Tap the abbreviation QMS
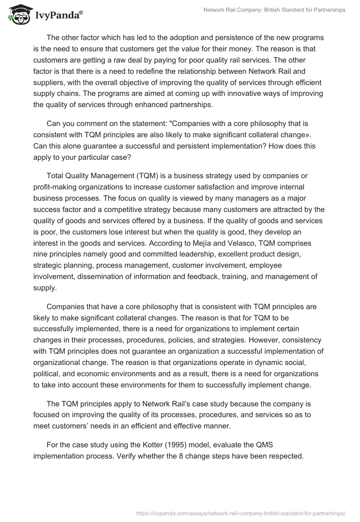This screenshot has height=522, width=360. [264, 444]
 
